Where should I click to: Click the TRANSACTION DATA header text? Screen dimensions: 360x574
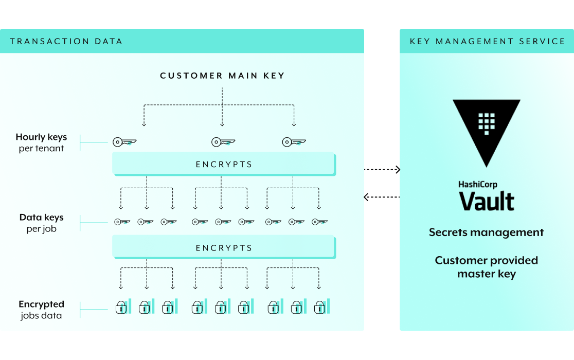tap(66, 41)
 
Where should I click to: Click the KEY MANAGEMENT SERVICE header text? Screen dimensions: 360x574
tap(487, 41)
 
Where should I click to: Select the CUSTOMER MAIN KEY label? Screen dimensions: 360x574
tap(222, 76)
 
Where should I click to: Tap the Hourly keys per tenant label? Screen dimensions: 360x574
tap(41, 142)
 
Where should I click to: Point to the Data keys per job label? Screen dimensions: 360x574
tap(41, 223)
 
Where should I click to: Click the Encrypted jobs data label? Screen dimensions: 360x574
tap(41, 310)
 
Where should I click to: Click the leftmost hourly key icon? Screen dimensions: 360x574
tap(124, 142)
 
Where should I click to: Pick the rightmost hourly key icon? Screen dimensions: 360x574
tap(294, 142)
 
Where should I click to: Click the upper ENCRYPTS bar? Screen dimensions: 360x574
tap(224, 165)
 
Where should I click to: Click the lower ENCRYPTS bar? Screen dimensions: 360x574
tap(224, 248)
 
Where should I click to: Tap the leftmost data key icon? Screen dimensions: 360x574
tap(122, 222)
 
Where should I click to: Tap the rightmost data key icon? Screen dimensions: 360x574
tap(319, 222)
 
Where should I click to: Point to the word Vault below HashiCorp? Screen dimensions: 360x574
tap(487, 201)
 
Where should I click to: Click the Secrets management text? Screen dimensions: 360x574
tap(487, 232)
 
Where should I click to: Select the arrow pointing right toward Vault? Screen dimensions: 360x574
tap(382, 169)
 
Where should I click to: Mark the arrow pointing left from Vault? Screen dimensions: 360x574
tap(382, 196)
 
